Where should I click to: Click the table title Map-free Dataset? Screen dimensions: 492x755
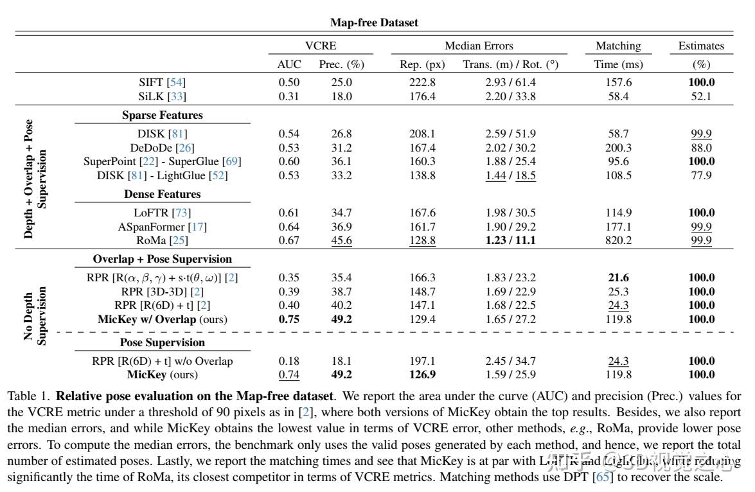pos(374,22)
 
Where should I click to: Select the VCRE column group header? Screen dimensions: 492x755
pos(320,46)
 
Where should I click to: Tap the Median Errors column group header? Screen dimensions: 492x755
pos(479,46)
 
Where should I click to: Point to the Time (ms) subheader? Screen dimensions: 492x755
pos(618,64)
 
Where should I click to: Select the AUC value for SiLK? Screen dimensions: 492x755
pos(289,96)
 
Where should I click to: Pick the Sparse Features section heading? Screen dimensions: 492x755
pos(163,116)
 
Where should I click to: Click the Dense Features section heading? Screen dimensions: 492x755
pos(163,194)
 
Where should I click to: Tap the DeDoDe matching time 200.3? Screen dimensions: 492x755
pos(618,148)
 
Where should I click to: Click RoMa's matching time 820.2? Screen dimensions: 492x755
pos(618,241)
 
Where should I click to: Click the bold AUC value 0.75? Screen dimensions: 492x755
pos(289,319)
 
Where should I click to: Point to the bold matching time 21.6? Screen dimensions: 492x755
pos(618,278)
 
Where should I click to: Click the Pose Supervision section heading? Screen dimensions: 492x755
pos(163,342)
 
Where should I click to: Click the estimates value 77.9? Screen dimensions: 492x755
pos(701,175)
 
